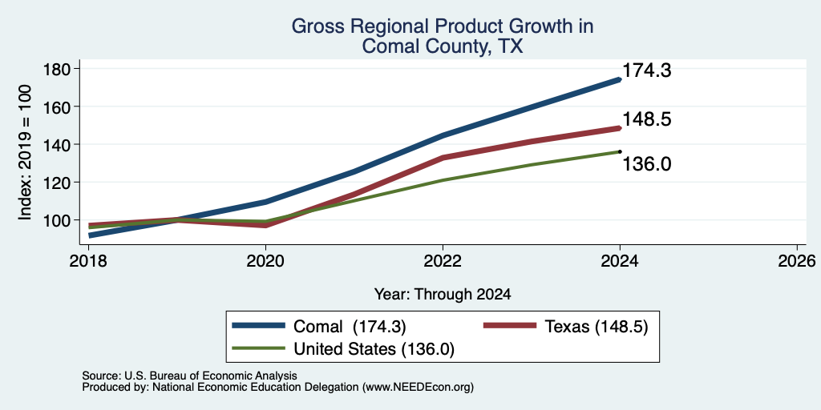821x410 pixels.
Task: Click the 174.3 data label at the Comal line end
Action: pos(647,70)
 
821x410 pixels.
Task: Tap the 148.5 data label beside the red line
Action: pos(647,120)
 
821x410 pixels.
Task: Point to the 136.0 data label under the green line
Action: pos(647,164)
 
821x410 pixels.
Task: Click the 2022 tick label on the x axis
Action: pos(443,261)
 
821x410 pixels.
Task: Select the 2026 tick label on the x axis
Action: pos(796,261)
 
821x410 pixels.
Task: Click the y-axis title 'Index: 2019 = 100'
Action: pos(25,152)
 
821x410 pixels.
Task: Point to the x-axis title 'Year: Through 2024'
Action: pos(443,295)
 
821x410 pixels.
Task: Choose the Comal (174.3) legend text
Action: pos(350,327)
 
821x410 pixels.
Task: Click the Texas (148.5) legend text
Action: pos(597,327)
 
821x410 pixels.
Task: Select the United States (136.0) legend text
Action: pos(374,349)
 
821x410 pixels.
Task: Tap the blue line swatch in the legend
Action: pos(259,326)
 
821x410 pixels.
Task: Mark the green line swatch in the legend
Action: pos(259,348)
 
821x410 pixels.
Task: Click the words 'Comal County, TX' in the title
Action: pos(443,46)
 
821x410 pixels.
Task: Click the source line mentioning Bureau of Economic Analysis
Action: pos(189,376)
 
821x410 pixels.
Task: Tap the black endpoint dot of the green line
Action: pos(620,151)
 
